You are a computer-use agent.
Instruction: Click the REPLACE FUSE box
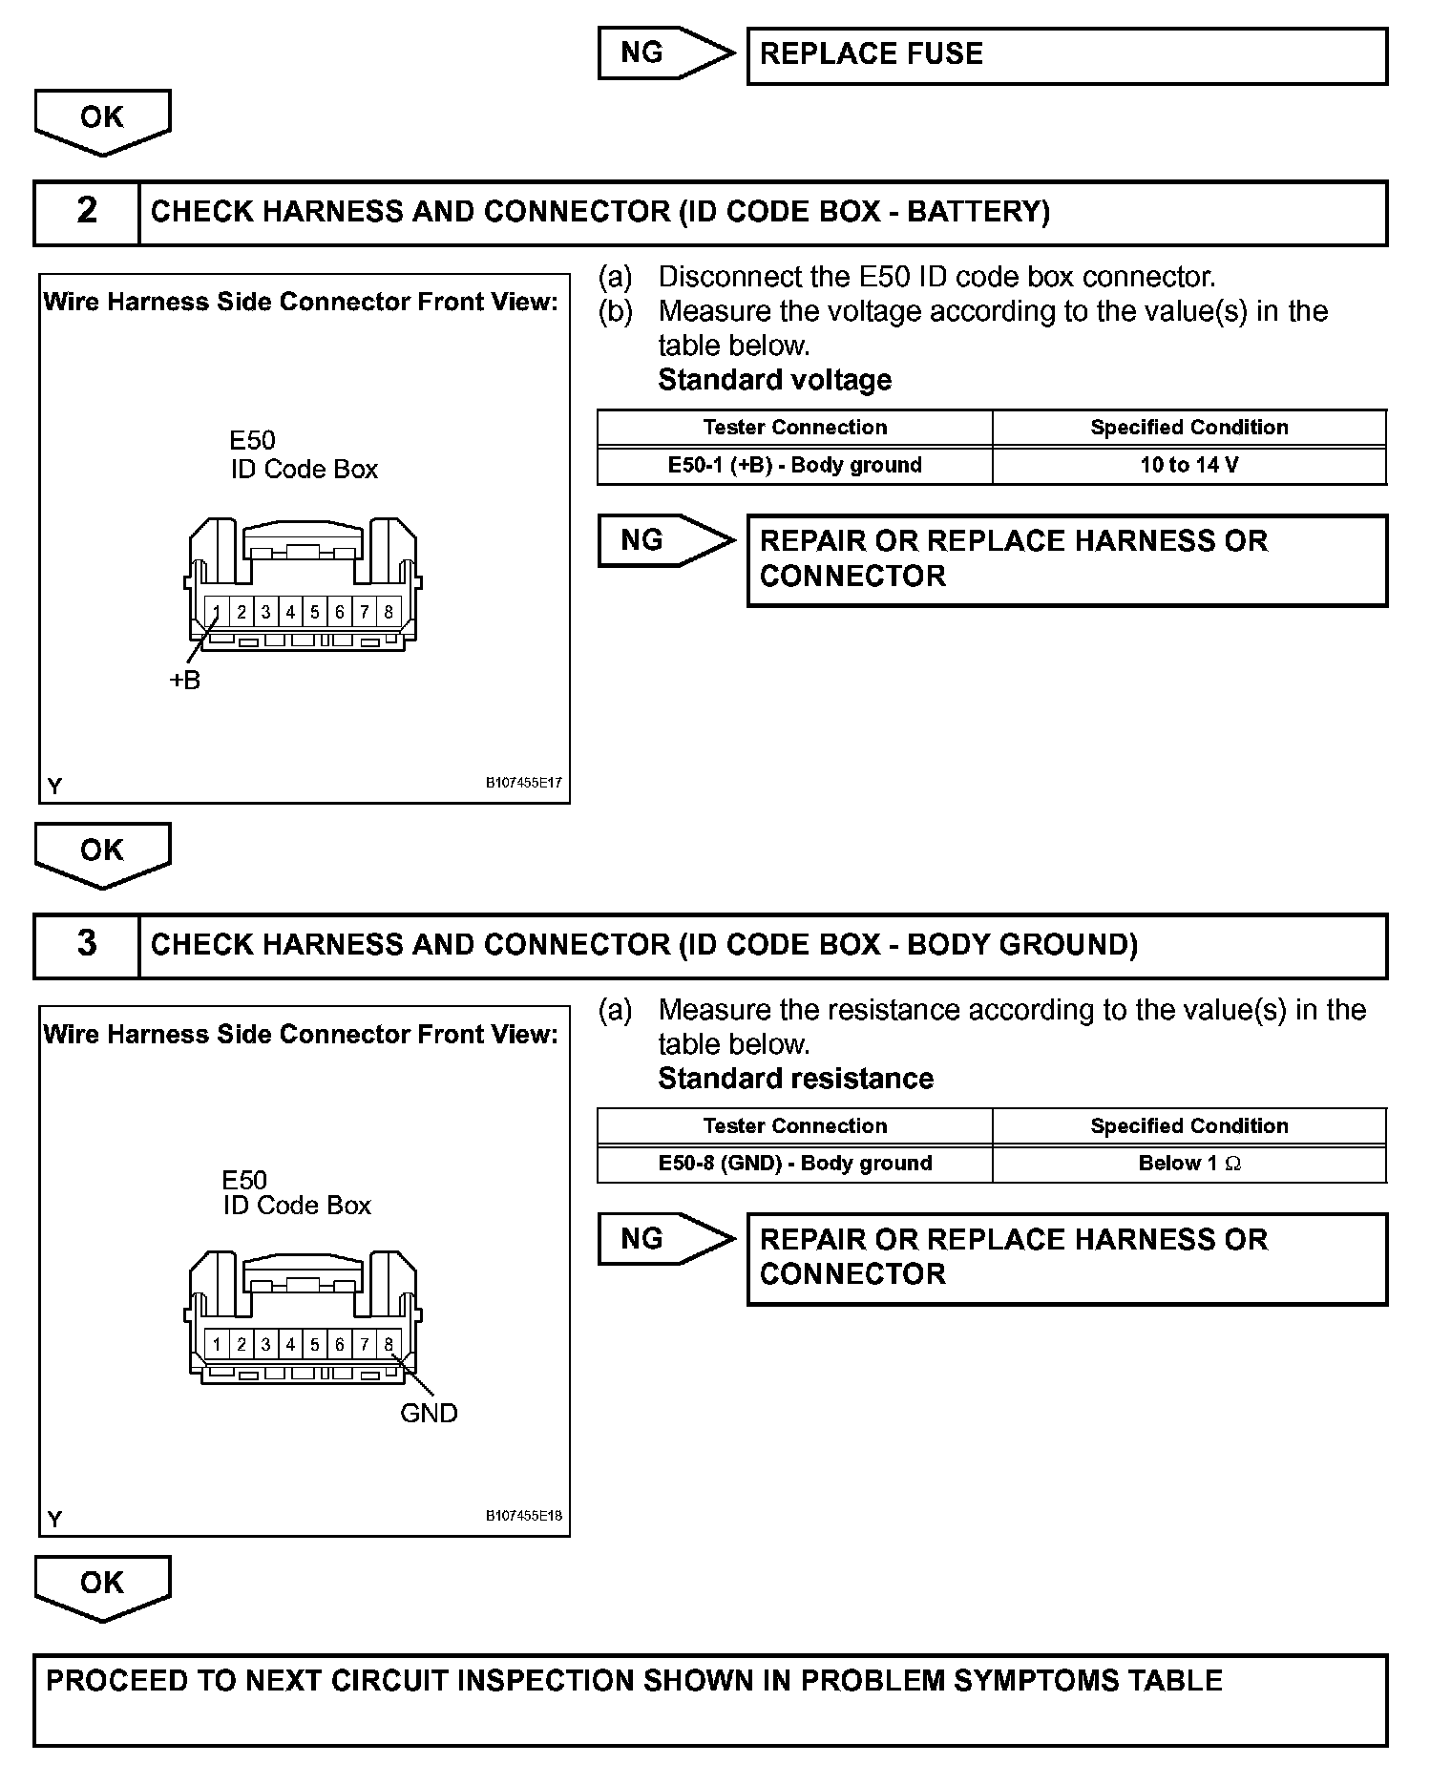(x=1066, y=55)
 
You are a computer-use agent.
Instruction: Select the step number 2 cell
(x=86, y=211)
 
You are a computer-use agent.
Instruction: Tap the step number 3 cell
(x=86, y=944)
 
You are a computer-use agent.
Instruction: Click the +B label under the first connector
(x=185, y=681)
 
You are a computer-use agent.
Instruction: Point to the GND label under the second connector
(x=429, y=1413)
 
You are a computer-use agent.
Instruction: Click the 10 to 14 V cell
(x=1188, y=466)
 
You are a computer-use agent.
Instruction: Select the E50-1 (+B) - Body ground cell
(x=794, y=466)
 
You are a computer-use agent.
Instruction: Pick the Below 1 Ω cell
(x=1188, y=1164)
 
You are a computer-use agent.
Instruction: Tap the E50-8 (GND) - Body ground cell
(x=794, y=1164)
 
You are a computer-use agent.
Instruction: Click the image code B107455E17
(x=524, y=783)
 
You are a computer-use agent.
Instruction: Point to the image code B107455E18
(x=524, y=1516)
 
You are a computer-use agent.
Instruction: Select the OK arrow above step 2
(x=102, y=120)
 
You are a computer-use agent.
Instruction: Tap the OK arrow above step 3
(x=102, y=853)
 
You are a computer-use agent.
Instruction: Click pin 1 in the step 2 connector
(x=218, y=612)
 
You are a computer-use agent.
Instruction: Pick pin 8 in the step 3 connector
(x=389, y=1345)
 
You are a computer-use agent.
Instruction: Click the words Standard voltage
(x=774, y=380)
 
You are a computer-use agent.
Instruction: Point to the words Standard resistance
(x=795, y=1079)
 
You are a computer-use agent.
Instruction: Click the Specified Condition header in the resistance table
(x=1188, y=1126)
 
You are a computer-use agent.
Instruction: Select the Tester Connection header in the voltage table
(x=794, y=428)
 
